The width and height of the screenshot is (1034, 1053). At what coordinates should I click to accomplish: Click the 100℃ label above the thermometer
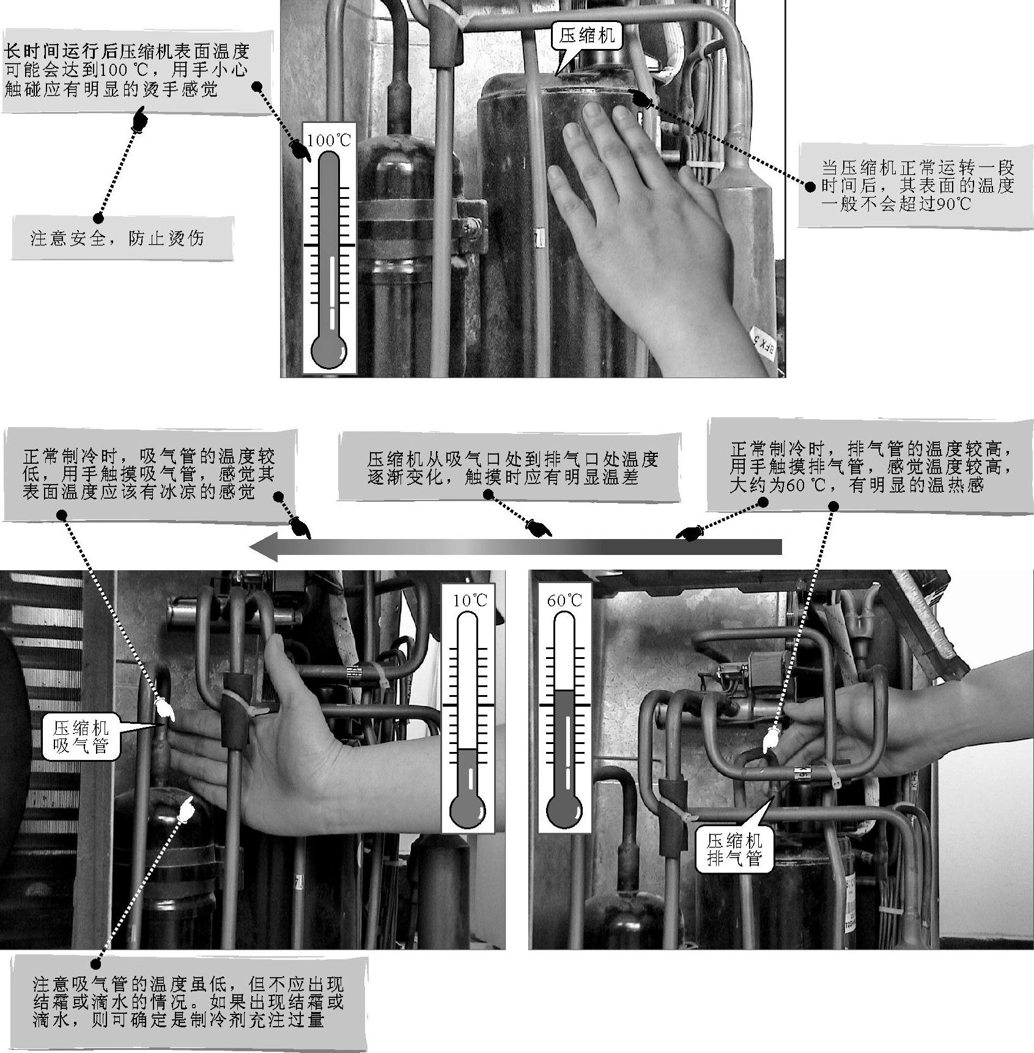tap(329, 140)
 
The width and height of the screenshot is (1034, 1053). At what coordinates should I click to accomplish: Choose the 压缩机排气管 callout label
tap(734, 848)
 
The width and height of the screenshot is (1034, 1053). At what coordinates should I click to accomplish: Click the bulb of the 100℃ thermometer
tap(329, 351)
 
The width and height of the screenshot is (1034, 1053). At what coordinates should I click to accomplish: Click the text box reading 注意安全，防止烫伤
tap(122, 237)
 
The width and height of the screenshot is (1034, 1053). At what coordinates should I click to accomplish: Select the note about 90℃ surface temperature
tap(915, 185)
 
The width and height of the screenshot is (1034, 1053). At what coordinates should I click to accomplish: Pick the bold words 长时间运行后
tap(61, 50)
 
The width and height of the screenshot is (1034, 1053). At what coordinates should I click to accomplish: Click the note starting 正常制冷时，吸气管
tap(150, 474)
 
